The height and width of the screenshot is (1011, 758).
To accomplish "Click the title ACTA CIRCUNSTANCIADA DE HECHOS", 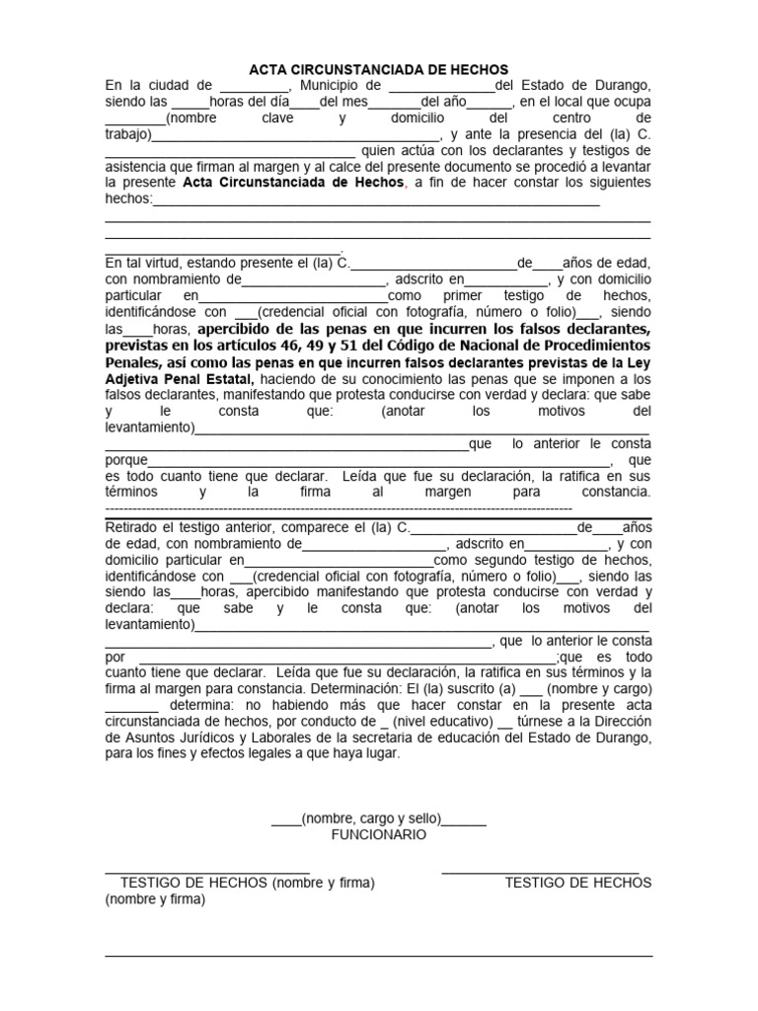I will click(378, 69).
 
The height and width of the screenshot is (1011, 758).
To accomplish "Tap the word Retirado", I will click(133, 527).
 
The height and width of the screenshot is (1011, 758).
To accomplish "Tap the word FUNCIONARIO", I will click(379, 835).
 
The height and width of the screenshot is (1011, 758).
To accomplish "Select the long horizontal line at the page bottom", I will click(379, 956).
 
